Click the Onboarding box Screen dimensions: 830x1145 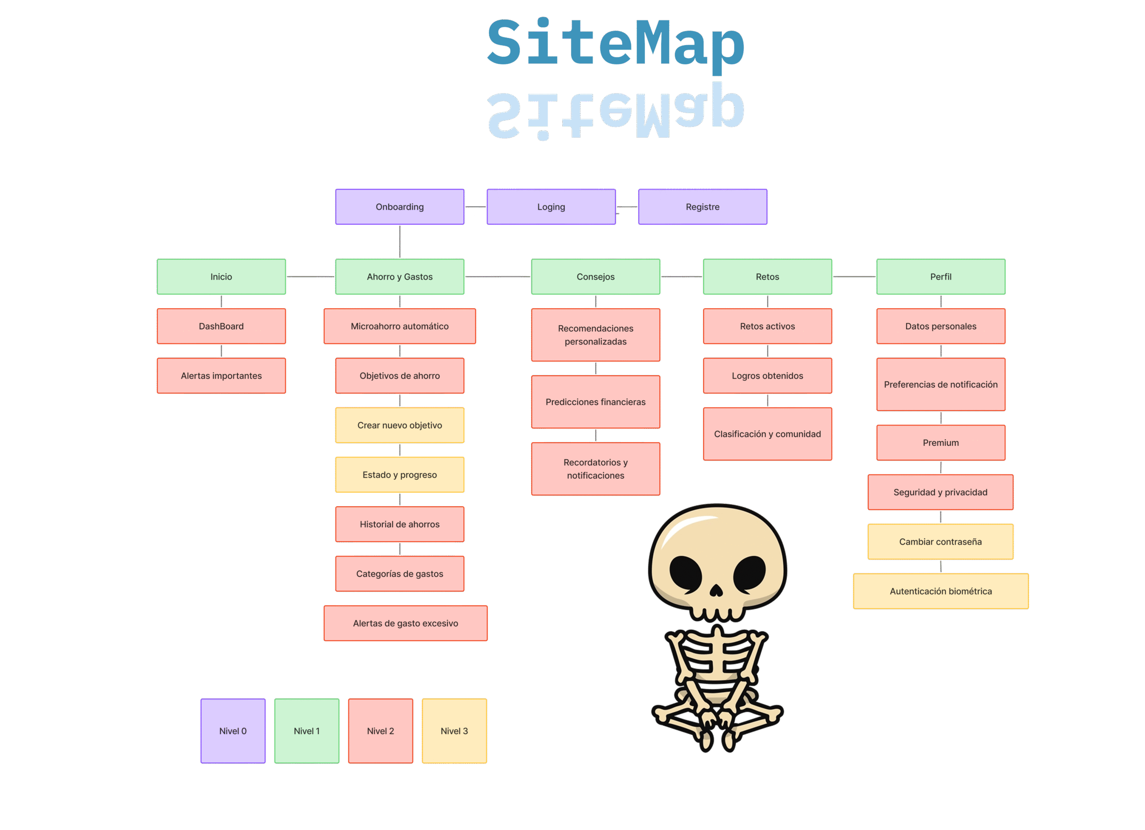[x=399, y=207]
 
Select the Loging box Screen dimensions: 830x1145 [x=551, y=207]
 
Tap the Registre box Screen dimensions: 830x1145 [x=702, y=207]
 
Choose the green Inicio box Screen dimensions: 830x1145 [x=221, y=277]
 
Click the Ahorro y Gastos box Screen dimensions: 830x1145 [x=399, y=277]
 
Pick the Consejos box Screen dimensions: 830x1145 [x=595, y=277]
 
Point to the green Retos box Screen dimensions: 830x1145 [x=767, y=277]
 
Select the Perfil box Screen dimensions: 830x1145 [x=940, y=277]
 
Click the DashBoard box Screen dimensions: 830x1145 [x=221, y=326]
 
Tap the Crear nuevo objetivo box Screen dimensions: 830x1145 [x=399, y=425]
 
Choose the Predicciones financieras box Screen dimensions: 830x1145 [x=595, y=402]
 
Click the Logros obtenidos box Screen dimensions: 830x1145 [x=767, y=376]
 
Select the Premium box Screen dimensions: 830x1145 [x=940, y=443]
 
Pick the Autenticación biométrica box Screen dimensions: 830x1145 [x=940, y=591]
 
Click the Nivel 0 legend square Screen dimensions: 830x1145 [x=233, y=731]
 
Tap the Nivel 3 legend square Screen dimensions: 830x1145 [x=454, y=731]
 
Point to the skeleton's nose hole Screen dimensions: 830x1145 [x=717, y=590]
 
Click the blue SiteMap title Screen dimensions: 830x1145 [x=615, y=44]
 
